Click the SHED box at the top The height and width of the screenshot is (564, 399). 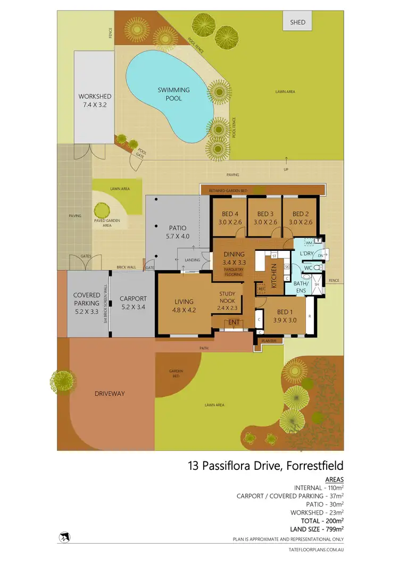297,23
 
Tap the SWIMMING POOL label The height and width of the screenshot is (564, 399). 170,94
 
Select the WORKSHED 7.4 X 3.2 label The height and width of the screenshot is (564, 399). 95,100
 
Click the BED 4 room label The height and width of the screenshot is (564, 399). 230,218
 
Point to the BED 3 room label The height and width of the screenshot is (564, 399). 265,218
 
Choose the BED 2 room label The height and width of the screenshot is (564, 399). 300,218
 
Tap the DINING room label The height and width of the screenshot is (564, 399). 234,258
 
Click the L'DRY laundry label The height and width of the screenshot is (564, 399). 307,255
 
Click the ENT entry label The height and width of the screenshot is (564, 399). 234,322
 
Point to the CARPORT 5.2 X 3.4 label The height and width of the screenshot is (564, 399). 132,302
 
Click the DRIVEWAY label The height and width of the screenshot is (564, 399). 110,393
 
